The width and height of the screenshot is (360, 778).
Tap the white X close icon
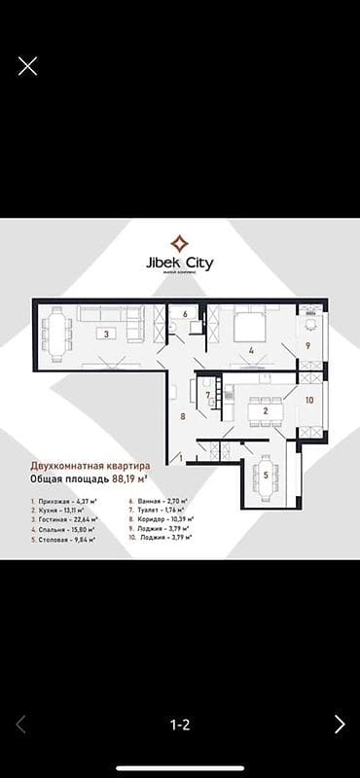pos(27,66)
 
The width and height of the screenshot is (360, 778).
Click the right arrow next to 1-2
pos(340,724)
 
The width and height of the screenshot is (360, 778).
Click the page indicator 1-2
pos(180,725)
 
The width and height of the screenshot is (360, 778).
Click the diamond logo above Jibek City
pos(179,243)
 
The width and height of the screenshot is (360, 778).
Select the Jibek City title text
pos(179,264)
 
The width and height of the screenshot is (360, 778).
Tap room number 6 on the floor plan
pos(186,314)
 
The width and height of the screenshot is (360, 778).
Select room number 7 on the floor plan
pos(207,394)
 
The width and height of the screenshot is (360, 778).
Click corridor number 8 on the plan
pos(182,416)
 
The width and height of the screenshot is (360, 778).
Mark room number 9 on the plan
pos(308,344)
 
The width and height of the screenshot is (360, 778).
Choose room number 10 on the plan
pos(309,400)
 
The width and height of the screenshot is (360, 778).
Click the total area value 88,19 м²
pos(130,479)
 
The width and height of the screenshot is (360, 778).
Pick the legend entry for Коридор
pos(161,518)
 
